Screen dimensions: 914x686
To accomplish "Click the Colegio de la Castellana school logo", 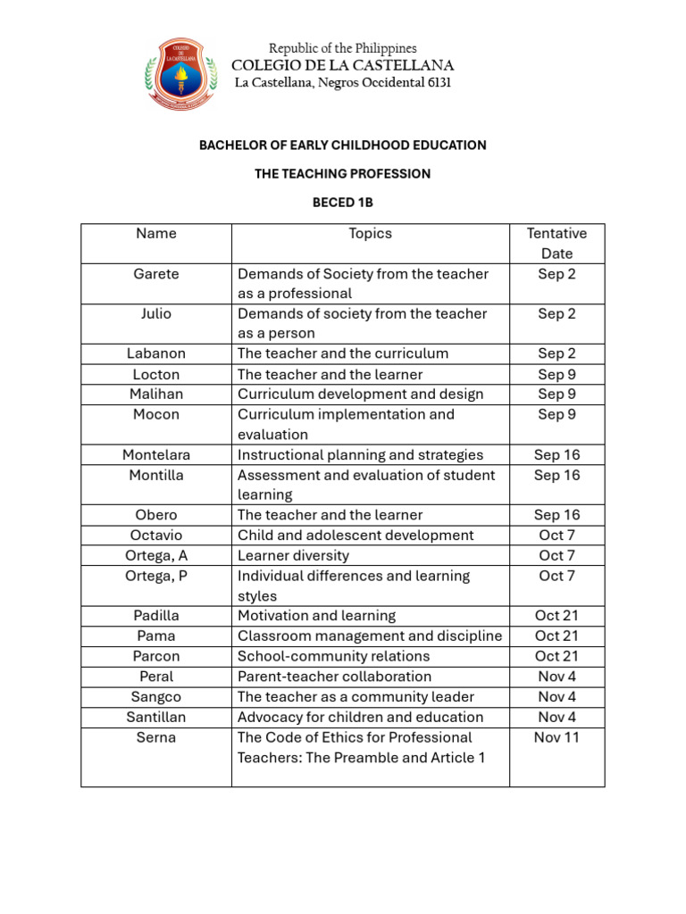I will tap(181, 73).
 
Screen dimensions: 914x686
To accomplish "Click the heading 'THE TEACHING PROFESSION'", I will tap(343, 174).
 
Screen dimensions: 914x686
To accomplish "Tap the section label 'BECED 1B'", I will tap(342, 203).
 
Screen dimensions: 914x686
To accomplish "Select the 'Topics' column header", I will tap(370, 234).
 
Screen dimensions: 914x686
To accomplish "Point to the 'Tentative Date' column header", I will tap(556, 243).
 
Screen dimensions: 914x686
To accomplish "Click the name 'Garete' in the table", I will tap(156, 274).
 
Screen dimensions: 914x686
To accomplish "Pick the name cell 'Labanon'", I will tap(156, 353).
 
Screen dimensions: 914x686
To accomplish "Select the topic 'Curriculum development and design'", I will tap(360, 394).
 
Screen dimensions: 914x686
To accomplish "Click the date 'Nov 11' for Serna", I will tap(556, 737).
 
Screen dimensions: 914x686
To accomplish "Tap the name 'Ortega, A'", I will tap(156, 555).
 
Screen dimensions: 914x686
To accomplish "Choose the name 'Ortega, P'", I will tap(156, 576).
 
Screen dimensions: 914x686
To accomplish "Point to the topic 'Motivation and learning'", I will tap(316, 616).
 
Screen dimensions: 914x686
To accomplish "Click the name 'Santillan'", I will tap(156, 717).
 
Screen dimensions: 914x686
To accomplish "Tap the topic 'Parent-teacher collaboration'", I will tap(334, 677).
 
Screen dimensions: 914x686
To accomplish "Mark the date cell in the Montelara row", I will tap(556, 455).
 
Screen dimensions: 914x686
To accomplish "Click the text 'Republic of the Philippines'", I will tap(343, 48).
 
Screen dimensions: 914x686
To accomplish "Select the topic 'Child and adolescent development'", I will tap(356, 536).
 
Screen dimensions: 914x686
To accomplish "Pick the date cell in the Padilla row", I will tap(556, 616).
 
